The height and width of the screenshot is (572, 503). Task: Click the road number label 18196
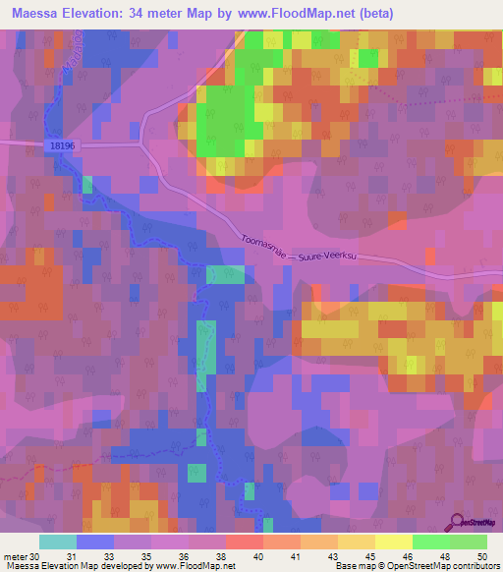click(61, 145)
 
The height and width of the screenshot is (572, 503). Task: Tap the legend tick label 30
click(35, 557)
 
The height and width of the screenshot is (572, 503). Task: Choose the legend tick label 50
click(480, 557)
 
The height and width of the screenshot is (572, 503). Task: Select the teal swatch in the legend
click(58, 542)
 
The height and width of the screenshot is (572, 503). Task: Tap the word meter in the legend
click(15, 557)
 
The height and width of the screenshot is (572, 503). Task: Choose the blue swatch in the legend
click(95, 542)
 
